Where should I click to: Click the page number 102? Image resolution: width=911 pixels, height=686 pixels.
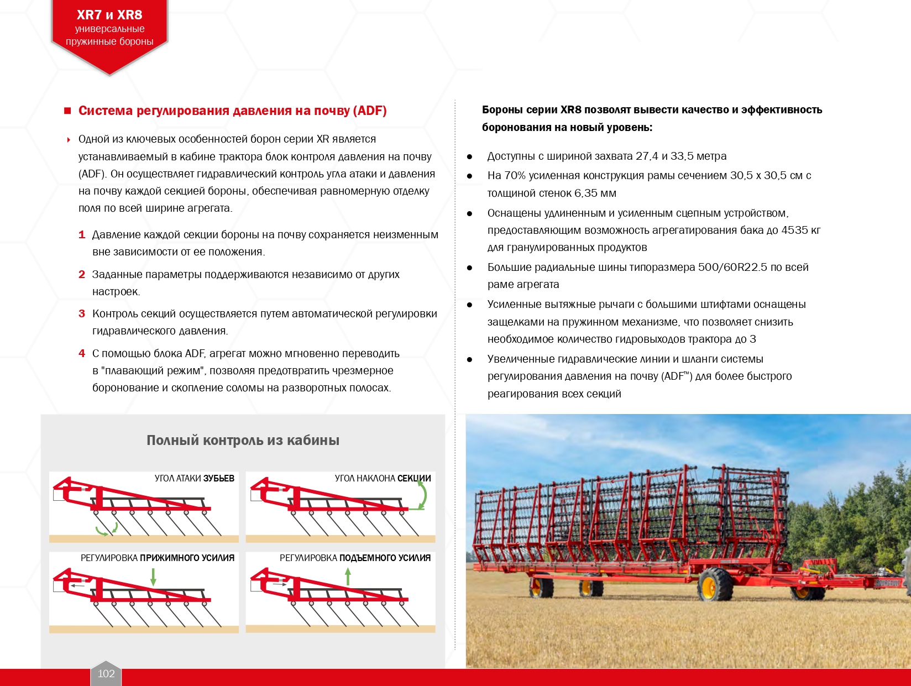106,673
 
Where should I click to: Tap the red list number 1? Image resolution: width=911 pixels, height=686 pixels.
82,234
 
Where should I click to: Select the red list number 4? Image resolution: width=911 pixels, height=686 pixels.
82,353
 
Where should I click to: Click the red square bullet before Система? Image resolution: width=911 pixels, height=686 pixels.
67,111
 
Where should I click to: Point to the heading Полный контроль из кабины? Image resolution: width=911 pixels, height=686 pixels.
243,440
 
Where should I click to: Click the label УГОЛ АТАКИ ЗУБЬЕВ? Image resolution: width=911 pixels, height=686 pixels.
194,478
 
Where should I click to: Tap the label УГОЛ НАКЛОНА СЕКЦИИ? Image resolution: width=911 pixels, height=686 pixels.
383,478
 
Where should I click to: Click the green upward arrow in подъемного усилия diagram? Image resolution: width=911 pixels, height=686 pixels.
348,577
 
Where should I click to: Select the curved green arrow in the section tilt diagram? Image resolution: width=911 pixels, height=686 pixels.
422,494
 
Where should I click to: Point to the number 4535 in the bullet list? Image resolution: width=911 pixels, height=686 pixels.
794,230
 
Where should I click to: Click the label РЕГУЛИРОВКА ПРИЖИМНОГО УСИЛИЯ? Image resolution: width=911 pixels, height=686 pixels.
158,558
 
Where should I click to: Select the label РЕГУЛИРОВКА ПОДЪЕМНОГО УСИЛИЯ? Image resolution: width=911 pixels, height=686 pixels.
355,558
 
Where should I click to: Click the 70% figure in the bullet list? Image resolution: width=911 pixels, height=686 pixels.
515,175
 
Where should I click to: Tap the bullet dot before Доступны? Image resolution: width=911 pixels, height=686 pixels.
470,156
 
